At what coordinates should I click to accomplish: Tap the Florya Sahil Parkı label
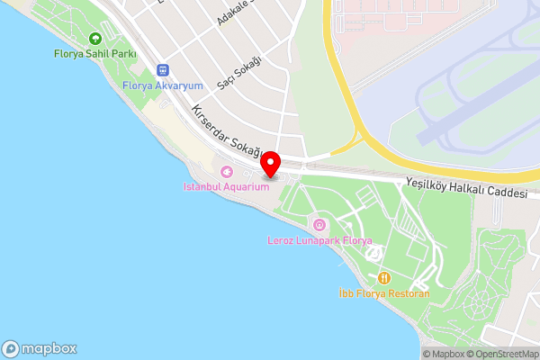tap(95, 54)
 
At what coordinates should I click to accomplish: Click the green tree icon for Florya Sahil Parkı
tap(95, 39)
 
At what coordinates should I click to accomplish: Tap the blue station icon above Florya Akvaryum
tap(163, 69)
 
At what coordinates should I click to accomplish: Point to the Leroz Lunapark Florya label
tap(319, 240)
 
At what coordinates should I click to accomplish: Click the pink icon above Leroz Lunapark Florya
tap(318, 223)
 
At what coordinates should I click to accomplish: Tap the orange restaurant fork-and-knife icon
tap(384, 278)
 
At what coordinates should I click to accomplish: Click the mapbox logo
tap(40, 348)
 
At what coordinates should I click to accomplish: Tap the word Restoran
tap(409, 293)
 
